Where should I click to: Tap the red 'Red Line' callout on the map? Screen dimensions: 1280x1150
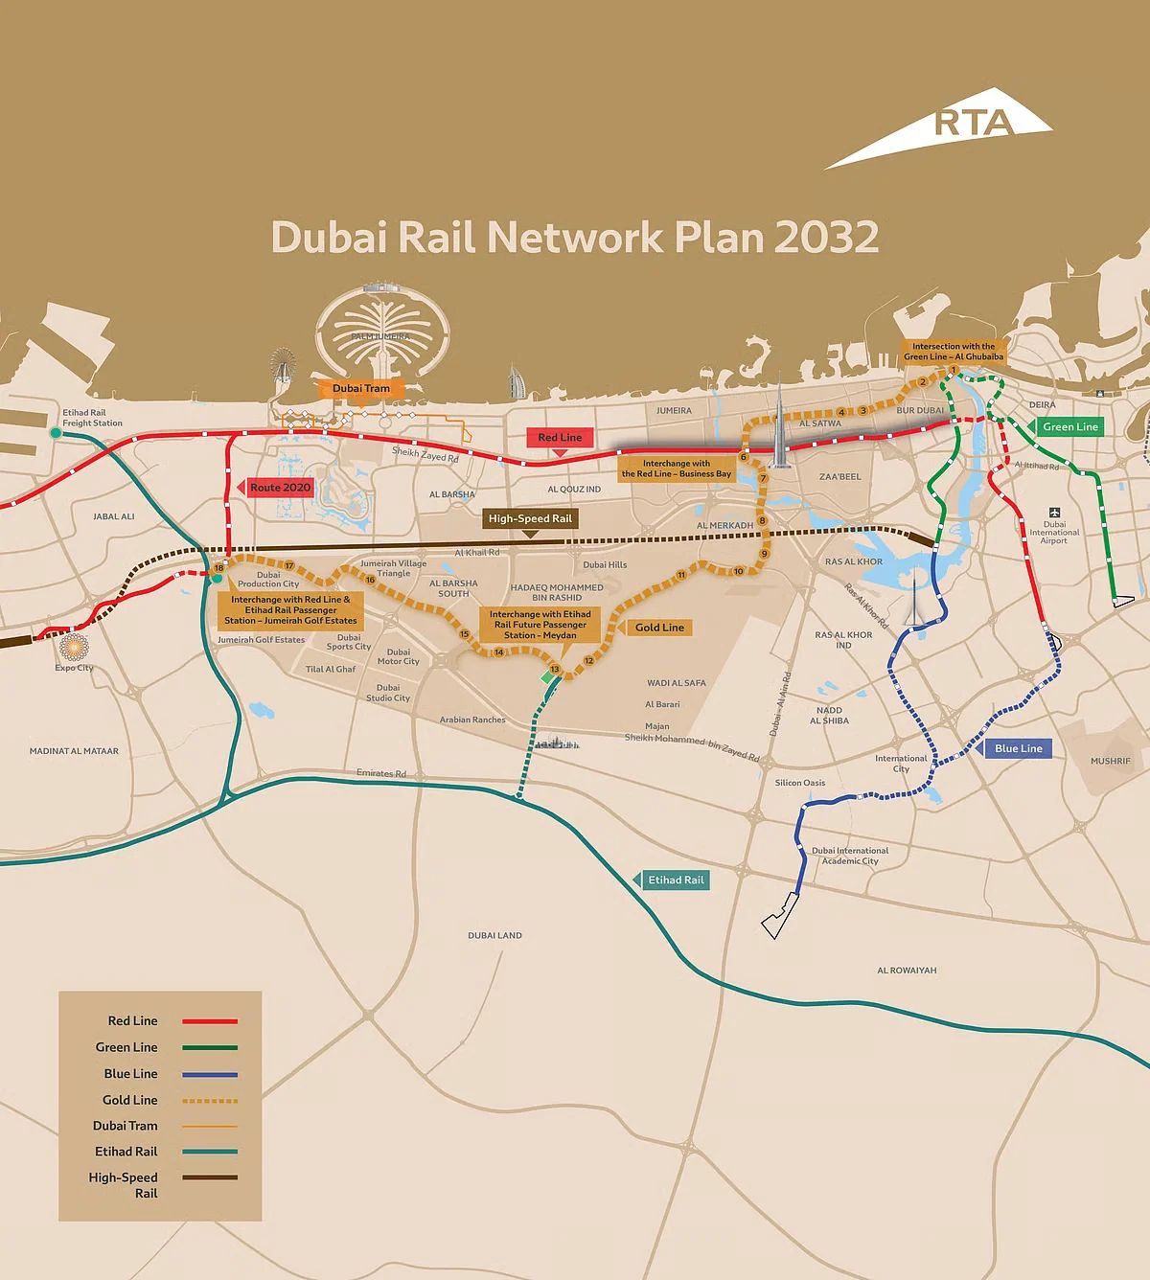tap(560, 438)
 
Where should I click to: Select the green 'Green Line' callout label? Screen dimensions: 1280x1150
tap(1069, 427)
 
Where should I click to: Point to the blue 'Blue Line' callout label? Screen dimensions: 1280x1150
tap(1018, 748)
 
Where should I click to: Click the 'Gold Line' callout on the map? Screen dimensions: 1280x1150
tap(659, 628)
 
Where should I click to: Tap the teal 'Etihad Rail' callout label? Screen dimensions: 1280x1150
tap(675, 880)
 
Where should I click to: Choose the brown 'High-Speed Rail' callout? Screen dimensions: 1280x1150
tap(529, 518)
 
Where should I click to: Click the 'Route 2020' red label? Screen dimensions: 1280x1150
tap(280, 488)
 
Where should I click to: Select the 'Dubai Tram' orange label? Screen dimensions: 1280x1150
tap(361, 388)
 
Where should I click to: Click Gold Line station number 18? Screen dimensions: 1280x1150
tap(218, 568)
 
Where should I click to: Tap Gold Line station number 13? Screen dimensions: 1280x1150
tap(554, 669)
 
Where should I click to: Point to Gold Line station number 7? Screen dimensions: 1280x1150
tap(764, 478)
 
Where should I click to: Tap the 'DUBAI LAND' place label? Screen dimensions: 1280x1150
tap(494, 935)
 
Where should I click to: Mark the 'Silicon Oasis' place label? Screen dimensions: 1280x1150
tap(800, 783)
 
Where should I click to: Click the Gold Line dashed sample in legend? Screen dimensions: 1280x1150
tap(209, 1101)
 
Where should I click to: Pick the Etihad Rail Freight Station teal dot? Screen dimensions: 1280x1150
tap(56, 434)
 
